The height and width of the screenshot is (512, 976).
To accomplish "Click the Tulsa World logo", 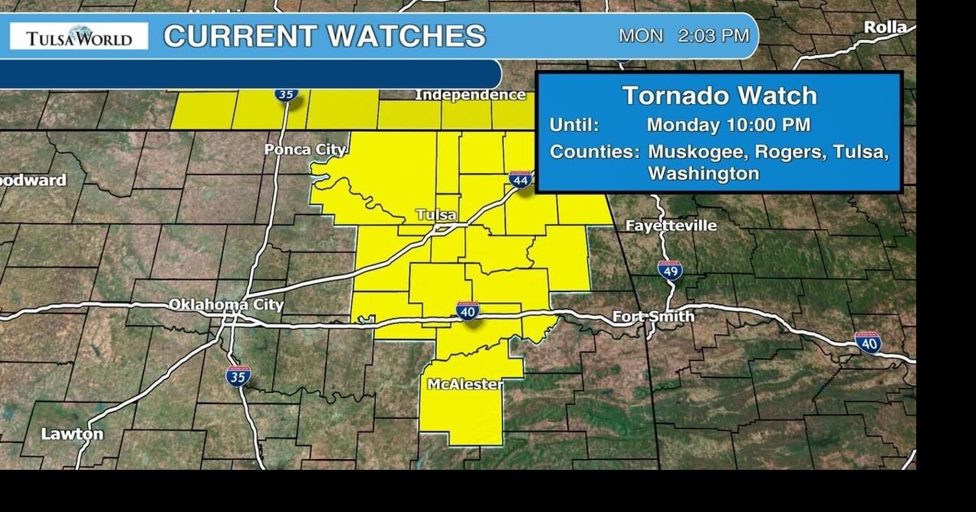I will coord(79,36).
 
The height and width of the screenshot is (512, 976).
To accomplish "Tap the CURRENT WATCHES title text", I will coord(324,36).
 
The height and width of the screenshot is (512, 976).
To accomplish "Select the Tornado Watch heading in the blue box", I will coord(719,96).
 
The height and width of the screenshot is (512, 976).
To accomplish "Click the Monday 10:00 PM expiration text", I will coord(728,125).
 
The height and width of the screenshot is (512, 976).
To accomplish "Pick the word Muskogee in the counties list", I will coord(697,152).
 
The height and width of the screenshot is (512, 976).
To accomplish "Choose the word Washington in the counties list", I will coord(703,173).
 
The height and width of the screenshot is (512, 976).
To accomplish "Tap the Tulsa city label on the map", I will coord(435,215).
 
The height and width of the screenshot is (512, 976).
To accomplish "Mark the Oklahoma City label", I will coord(226,304).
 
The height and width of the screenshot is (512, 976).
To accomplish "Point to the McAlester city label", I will coord(465,384).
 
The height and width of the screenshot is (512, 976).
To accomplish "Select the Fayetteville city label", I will coord(671,225).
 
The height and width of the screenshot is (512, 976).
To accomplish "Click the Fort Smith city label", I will coord(653,316).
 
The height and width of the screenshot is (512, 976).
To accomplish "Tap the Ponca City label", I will coord(305,149).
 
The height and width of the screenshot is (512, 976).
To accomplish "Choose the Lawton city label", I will coord(72,434).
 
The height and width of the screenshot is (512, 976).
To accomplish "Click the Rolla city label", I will coord(885,28).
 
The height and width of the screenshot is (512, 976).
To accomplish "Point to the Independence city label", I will coord(470,95).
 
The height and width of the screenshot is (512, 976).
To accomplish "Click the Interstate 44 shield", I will coord(520,179).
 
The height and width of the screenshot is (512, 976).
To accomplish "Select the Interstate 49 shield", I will coord(669,270).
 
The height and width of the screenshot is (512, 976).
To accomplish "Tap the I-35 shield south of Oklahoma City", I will coord(238,376).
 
